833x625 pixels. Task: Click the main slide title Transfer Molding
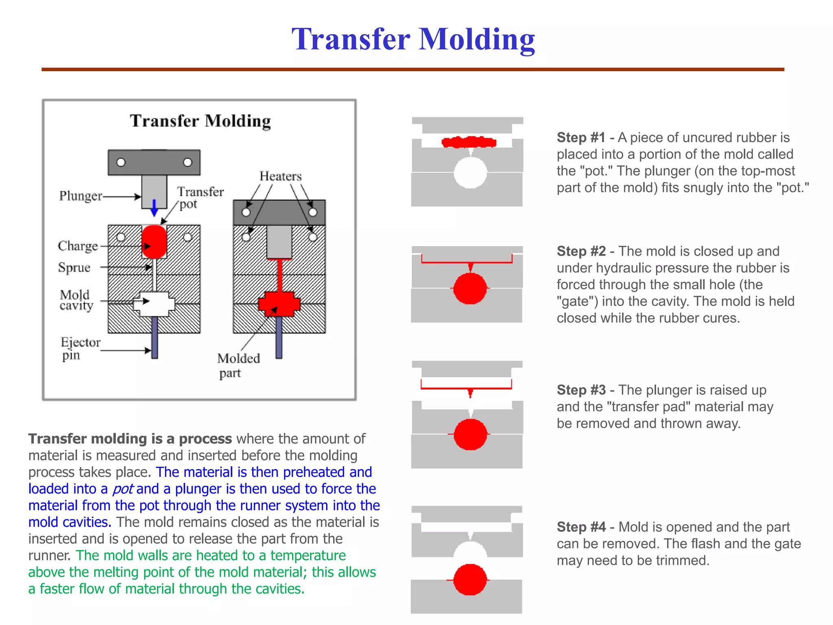click(413, 39)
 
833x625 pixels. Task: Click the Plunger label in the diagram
click(81, 196)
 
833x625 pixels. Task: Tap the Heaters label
click(281, 176)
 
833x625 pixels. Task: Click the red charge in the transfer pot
click(154, 242)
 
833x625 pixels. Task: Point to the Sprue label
click(74, 267)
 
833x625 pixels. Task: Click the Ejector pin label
click(79, 348)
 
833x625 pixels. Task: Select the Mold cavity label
click(76, 300)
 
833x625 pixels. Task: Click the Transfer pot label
click(199, 197)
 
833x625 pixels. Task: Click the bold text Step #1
click(581, 138)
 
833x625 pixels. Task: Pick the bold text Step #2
click(581, 251)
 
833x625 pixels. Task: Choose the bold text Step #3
click(581, 390)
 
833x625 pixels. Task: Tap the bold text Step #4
click(581, 527)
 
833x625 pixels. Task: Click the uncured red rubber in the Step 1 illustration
click(469, 142)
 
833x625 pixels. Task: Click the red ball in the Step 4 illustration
click(470, 579)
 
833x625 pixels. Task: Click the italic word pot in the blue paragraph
click(122, 489)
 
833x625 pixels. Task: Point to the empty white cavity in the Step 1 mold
click(470, 173)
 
